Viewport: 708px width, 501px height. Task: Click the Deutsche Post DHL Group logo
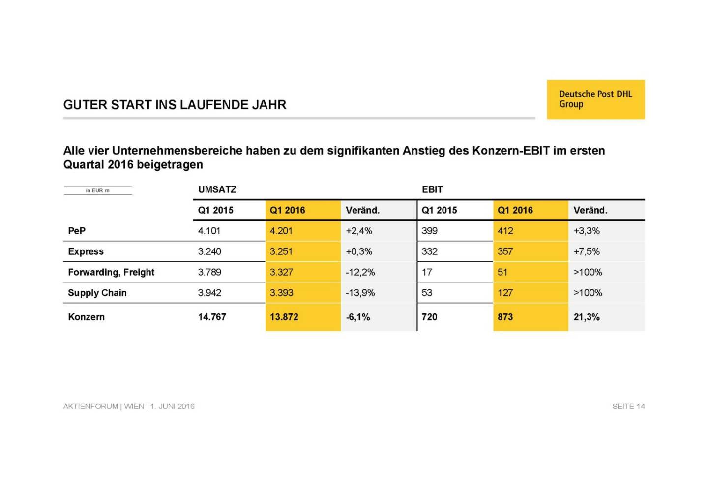595,99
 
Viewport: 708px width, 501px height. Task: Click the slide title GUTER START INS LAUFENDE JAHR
175,105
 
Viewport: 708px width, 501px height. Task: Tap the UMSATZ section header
217,189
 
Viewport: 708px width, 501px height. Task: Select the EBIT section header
432,189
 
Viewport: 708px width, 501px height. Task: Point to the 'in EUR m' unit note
98,190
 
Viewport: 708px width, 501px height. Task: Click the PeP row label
77,231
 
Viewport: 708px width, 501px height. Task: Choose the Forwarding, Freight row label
111,272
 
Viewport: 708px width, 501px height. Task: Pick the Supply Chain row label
97,293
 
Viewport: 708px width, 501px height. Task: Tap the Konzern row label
87,317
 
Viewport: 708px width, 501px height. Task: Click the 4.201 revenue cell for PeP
281,231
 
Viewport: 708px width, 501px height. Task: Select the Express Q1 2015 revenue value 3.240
209,251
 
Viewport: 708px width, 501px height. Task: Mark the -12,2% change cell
360,272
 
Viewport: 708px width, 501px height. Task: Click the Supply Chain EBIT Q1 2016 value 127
505,293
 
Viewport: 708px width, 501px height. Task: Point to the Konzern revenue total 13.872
284,317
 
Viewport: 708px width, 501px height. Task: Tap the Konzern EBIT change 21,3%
587,317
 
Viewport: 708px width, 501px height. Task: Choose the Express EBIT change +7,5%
587,251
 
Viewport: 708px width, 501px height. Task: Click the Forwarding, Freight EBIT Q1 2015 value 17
427,272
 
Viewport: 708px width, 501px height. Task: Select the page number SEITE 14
628,407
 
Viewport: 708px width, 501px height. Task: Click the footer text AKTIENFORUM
90,407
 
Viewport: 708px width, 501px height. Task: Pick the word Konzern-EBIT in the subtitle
510,151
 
